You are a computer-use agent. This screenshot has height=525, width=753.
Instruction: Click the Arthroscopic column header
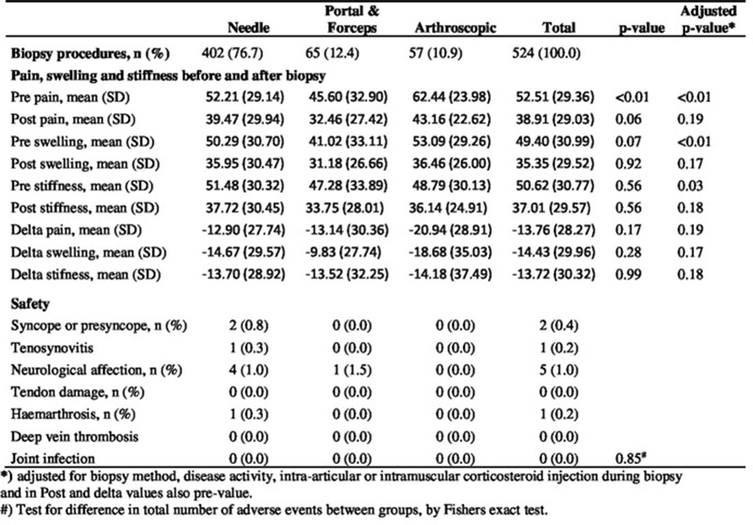pyautogui.click(x=455, y=28)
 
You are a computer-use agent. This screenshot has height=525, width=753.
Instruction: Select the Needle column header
pyautogui.click(x=248, y=27)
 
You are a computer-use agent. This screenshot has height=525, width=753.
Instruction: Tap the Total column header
pyautogui.click(x=558, y=27)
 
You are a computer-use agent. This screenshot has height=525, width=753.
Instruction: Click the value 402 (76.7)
pyautogui.click(x=232, y=53)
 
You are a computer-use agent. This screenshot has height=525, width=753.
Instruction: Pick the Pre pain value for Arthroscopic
pyautogui.click(x=452, y=97)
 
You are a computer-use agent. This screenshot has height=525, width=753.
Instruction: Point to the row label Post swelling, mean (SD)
pyautogui.click(x=85, y=164)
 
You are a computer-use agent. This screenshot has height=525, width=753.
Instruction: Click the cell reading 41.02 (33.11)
pyautogui.click(x=348, y=141)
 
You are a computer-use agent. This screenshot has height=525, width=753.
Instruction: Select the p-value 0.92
pyautogui.click(x=628, y=164)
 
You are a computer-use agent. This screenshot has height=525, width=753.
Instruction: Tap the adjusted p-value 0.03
pyautogui.click(x=690, y=186)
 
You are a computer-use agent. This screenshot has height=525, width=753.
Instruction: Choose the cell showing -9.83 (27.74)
pyautogui.click(x=343, y=252)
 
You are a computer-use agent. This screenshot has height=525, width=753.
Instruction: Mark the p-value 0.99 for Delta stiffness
pyautogui.click(x=628, y=274)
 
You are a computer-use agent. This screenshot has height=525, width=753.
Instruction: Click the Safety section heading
pyautogui.click(x=30, y=304)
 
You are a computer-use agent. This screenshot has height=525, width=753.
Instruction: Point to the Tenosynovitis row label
pyautogui.click(x=52, y=347)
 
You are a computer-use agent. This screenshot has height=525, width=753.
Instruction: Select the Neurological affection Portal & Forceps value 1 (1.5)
pyautogui.click(x=351, y=370)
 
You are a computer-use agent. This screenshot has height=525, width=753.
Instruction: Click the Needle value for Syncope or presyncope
pyautogui.click(x=248, y=326)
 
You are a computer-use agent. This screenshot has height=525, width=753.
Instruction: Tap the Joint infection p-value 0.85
pyautogui.click(x=630, y=458)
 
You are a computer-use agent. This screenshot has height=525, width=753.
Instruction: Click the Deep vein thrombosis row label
pyautogui.click(x=74, y=437)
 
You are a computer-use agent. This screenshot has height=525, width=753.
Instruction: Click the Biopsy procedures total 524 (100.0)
pyautogui.click(x=546, y=53)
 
